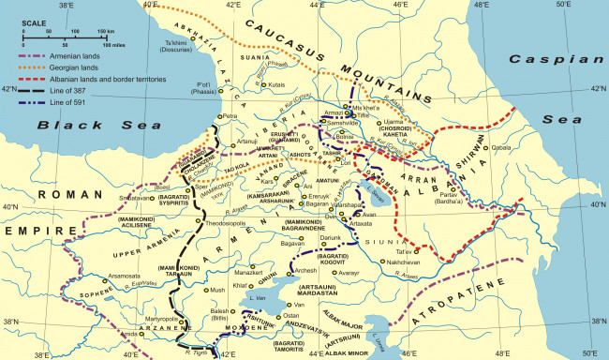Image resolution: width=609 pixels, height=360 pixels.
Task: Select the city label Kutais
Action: pyautogui.click(x=276, y=85)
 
